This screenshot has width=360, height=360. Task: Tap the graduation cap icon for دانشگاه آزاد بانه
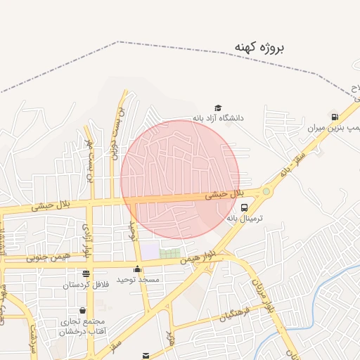click(218, 108)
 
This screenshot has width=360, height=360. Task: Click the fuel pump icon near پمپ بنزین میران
click(335, 117)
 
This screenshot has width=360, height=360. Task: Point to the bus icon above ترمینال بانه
click(244, 207)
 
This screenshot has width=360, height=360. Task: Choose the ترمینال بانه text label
click(244, 218)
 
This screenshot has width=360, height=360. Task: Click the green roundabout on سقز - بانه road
click(266, 191)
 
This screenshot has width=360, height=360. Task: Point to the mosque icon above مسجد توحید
click(138, 269)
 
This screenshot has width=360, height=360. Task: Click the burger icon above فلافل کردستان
click(86, 274)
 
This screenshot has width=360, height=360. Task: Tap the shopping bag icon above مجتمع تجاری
click(83, 310)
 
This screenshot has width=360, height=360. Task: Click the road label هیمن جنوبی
click(49, 257)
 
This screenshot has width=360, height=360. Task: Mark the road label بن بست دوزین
click(115, 134)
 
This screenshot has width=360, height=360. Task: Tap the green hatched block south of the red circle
click(169, 252)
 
